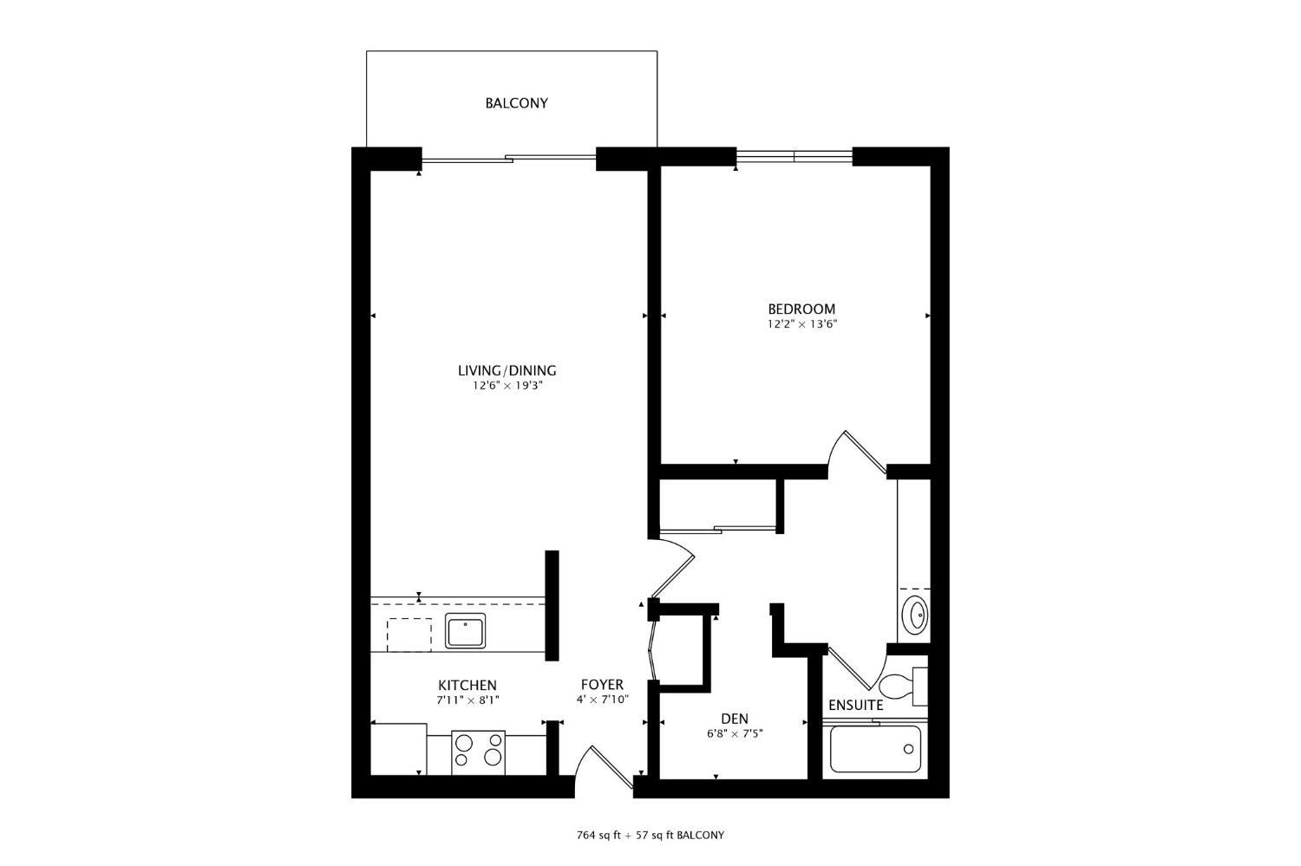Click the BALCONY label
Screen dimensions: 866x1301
point(516,103)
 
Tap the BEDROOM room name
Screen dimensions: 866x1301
point(801,309)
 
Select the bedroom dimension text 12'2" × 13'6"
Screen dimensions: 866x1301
point(801,324)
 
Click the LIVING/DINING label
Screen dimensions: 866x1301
point(507,370)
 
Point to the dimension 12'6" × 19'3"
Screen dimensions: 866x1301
point(507,386)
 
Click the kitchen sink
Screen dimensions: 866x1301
point(467,630)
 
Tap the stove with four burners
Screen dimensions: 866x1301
point(479,750)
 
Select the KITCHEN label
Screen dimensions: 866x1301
point(467,685)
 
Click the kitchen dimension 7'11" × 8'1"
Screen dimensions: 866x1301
point(467,700)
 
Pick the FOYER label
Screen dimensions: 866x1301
point(602,685)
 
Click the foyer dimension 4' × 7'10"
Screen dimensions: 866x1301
point(602,700)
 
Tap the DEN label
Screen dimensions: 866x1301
point(735,719)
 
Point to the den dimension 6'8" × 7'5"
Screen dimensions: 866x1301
point(735,733)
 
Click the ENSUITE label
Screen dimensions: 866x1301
point(855,705)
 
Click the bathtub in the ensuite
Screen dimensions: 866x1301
point(874,749)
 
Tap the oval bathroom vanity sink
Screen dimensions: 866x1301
point(914,615)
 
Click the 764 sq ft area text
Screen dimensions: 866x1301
point(600,836)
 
